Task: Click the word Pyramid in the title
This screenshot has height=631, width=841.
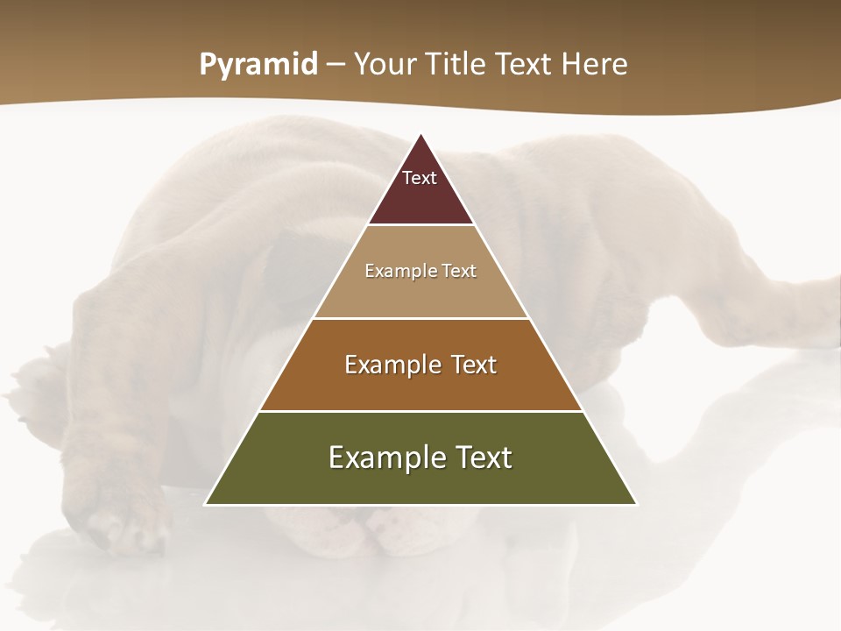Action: [x=258, y=65]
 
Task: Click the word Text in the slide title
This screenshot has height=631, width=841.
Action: [x=526, y=65]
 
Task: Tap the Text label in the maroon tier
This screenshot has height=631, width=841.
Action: [x=420, y=178]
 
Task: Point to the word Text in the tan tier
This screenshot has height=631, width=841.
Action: [x=460, y=271]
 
